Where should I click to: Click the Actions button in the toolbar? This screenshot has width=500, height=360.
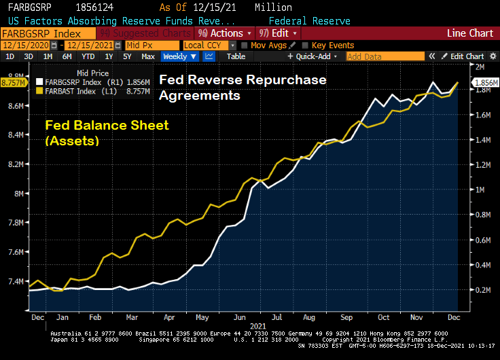pos(224,33)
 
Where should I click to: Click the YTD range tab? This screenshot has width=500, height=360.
pos(88,56)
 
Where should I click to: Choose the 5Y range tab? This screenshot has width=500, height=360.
pos(127,56)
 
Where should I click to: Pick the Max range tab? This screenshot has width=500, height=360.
pos(148,56)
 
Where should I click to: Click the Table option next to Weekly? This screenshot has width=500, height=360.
pos(236,56)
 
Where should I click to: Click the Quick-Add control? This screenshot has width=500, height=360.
pos(312,56)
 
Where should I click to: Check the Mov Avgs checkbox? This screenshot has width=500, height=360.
pos(245,45)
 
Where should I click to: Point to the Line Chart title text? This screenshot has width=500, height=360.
pos(469,33)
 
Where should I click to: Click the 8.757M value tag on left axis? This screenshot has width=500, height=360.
pos(13,82)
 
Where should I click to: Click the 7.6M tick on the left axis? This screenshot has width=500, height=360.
pos(15,252)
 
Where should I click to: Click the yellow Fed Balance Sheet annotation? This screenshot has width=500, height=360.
pos(106,132)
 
